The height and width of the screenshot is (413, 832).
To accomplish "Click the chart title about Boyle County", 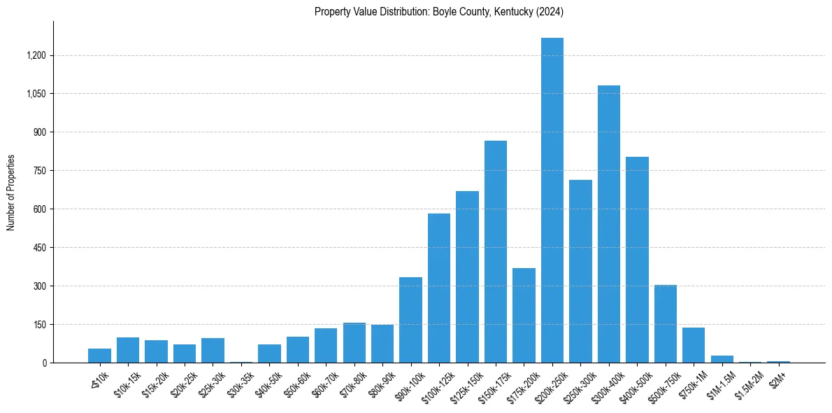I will tap(438, 12).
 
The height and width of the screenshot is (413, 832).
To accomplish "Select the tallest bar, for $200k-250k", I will tap(552, 200).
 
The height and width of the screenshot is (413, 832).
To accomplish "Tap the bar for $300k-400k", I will tap(609, 224).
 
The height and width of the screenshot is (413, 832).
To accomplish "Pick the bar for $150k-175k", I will tap(496, 252).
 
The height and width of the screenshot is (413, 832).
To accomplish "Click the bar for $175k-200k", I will tap(524, 315).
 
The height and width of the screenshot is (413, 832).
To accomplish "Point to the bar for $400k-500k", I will tap(637, 260).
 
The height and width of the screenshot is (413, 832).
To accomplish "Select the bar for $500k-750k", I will tap(666, 323).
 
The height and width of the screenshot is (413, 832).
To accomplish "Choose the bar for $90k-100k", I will tap(410, 320).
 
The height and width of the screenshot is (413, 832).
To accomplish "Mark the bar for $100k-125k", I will tap(439, 288).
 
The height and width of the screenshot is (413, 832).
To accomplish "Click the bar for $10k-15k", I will tap(128, 350).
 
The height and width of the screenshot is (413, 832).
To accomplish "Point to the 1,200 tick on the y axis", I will tap(36, 55).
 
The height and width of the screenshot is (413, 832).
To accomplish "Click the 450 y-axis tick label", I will tap(39, 248).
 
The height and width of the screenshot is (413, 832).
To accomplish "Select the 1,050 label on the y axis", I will tap(36, 94).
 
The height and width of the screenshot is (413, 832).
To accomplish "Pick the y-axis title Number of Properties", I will tap(11, 192).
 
